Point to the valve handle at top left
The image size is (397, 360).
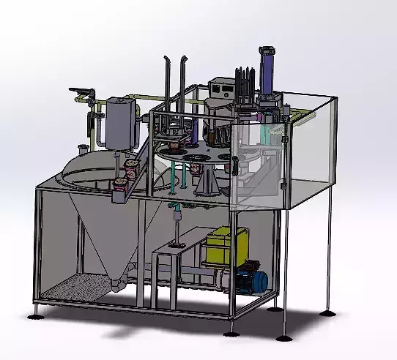tap(82, 91)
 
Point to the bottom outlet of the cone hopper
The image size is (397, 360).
tap(117, 282)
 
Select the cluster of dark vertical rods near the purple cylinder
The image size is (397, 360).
tap(244, 84)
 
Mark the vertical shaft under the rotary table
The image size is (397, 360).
tap(177, 227)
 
